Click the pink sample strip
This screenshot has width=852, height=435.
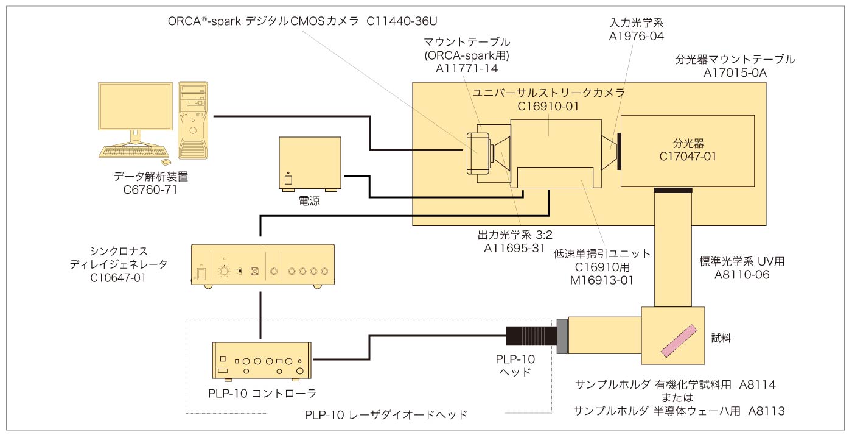(x=678, y=341)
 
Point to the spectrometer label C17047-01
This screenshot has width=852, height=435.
(x=688, y=156)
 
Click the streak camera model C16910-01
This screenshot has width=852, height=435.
(x=548, y=105)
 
